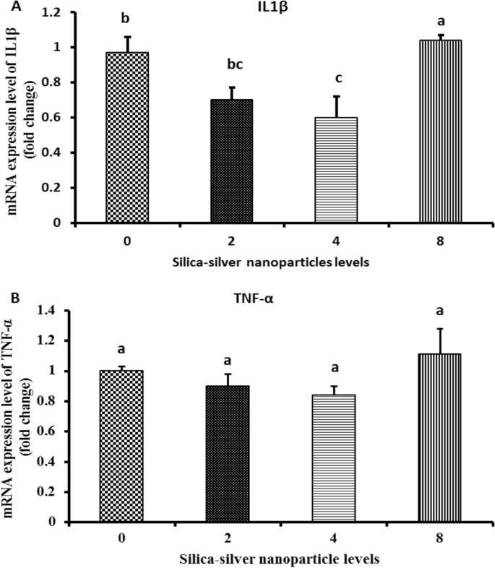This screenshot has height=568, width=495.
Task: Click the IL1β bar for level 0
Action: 127,137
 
